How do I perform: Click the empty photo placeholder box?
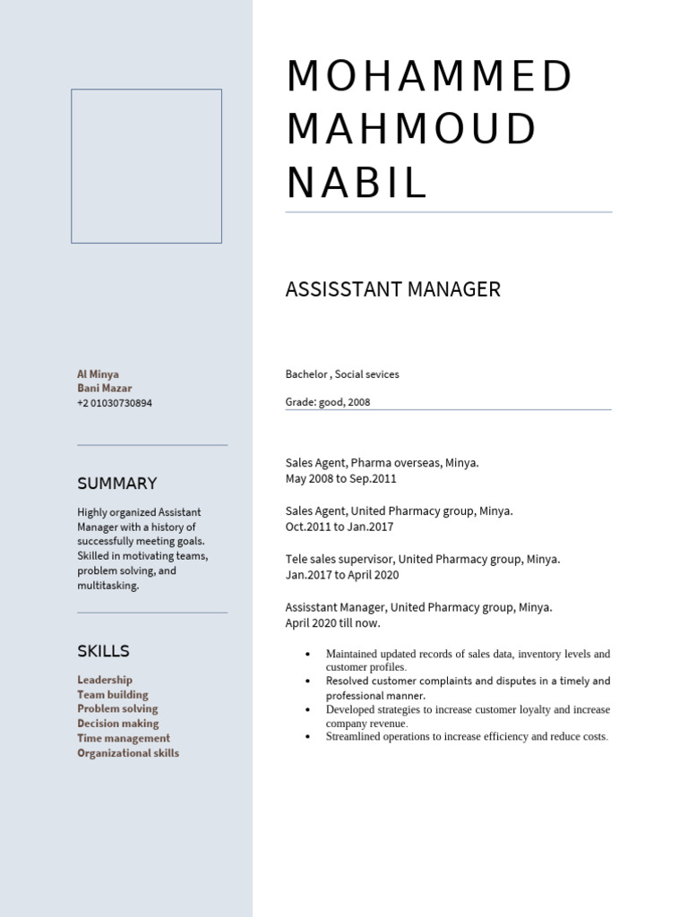146,166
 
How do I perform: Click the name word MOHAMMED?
428,77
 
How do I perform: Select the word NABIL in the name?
357,184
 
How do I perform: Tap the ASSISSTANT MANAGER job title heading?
392,289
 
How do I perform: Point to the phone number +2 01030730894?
115,403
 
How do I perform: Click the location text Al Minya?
98,374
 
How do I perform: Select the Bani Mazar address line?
104,389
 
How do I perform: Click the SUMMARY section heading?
116,484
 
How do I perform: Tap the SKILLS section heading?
103,651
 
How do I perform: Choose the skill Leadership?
105,680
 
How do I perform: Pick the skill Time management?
124,738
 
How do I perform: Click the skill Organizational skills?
128,753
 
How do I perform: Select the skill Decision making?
117,724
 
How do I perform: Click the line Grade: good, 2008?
327,402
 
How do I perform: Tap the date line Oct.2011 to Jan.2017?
339,527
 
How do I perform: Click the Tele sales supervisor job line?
422,559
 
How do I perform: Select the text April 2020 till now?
332,622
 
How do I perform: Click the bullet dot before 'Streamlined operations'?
307,737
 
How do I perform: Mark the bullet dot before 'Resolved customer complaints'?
307,681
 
